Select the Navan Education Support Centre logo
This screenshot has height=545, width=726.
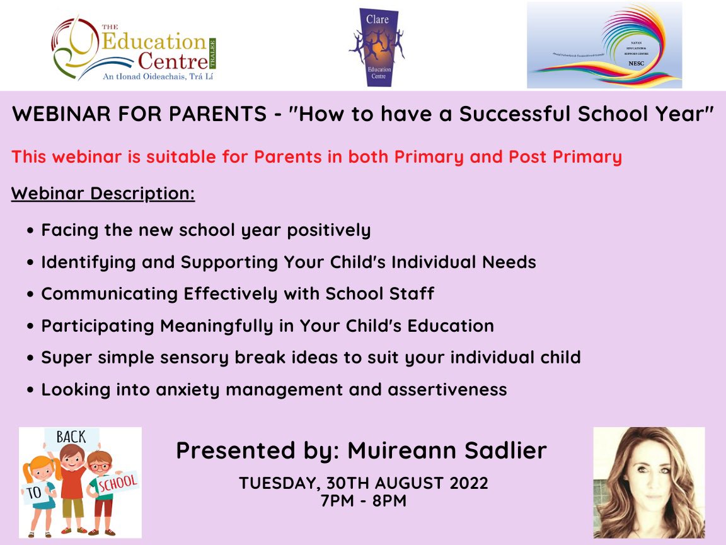coord(604,45)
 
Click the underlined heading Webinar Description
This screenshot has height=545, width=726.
coord(103,193)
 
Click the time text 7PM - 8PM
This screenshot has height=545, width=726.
coord(363,501)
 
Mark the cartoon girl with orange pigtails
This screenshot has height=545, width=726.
coord(38,486)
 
